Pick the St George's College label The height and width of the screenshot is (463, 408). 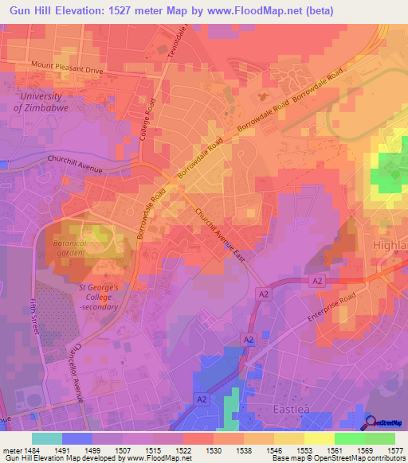(99, 296)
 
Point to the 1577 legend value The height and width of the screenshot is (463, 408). (394, 449)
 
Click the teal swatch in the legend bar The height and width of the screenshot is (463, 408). (46, 438)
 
